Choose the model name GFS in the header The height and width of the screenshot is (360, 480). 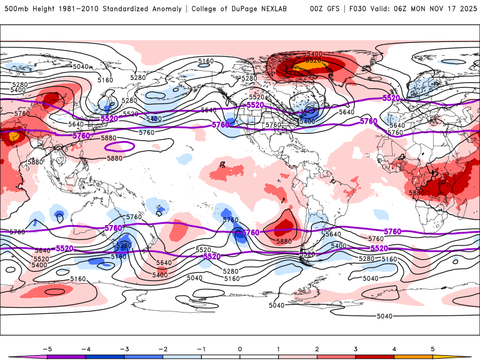[x=335, y=9]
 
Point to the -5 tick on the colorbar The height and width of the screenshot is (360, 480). [x=47, y=349]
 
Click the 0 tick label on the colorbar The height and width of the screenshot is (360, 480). [x=240, y=349]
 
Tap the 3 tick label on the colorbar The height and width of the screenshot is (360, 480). [x=356, y=349]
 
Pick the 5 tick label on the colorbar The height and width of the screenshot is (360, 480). [x=433, y=349]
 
